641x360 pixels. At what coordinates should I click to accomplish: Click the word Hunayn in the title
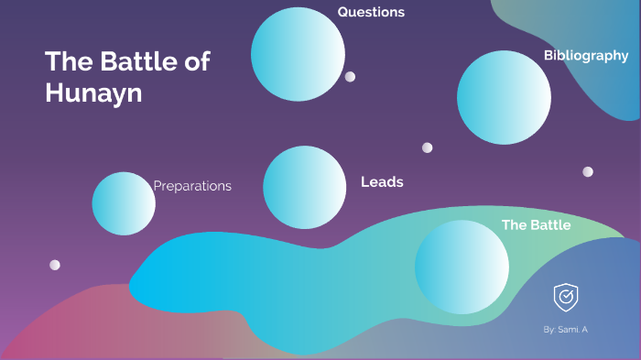pyautogui.click(x=93, y=93)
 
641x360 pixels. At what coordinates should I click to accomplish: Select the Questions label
pyautogui.click(x=371, y=12)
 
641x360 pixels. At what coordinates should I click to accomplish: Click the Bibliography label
pyautogui.click(x=586, y=56)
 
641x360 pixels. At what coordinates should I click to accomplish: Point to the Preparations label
pyautogui.click(x=192, y=186)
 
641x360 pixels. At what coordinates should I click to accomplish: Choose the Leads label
pyautogui.click(x=382, y=182)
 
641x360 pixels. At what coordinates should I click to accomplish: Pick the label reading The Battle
pyautogui.click(x=536, y=225)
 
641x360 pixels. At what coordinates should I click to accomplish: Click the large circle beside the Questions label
pyautogui.click(x=298, y=53)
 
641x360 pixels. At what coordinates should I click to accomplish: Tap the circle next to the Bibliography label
pyautogui.click(x=504, y=97)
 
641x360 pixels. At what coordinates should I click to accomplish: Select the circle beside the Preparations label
pyautogui.click(x=124, y=203)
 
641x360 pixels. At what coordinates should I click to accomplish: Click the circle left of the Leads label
pyautogui.click(x=304, y=187)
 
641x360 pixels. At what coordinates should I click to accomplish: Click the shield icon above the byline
pyautogui.click(x=565, y=297)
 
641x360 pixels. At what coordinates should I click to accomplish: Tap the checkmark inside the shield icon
pyautogui.click(x=565, y=297)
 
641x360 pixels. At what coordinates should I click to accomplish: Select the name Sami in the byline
pyautogui.click(x=570, y=328)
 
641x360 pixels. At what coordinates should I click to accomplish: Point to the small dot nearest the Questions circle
pyautogui.click(x=350, y=77)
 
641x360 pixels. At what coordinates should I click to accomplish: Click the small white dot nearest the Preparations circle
pyautogui.click(x=55, y=265)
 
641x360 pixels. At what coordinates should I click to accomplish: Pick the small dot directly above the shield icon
pyautogui.click(x=588, y=171)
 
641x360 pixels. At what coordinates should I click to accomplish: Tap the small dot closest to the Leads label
pyautogui.click(x=428, y=147)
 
